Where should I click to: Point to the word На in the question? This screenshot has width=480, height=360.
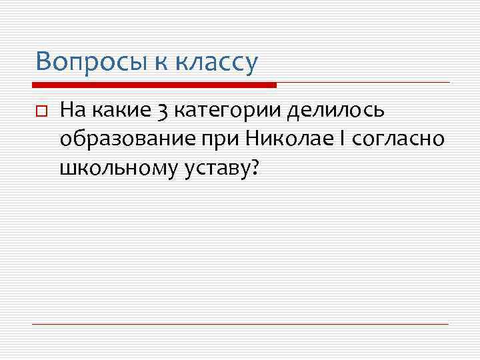click(x=71, y=109)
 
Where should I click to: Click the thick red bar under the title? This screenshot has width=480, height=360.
click(x=154, y=85)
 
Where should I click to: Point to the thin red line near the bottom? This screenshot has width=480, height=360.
click(x=240, y=324)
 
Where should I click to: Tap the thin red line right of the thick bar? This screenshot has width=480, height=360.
click(x=363, y=83)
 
